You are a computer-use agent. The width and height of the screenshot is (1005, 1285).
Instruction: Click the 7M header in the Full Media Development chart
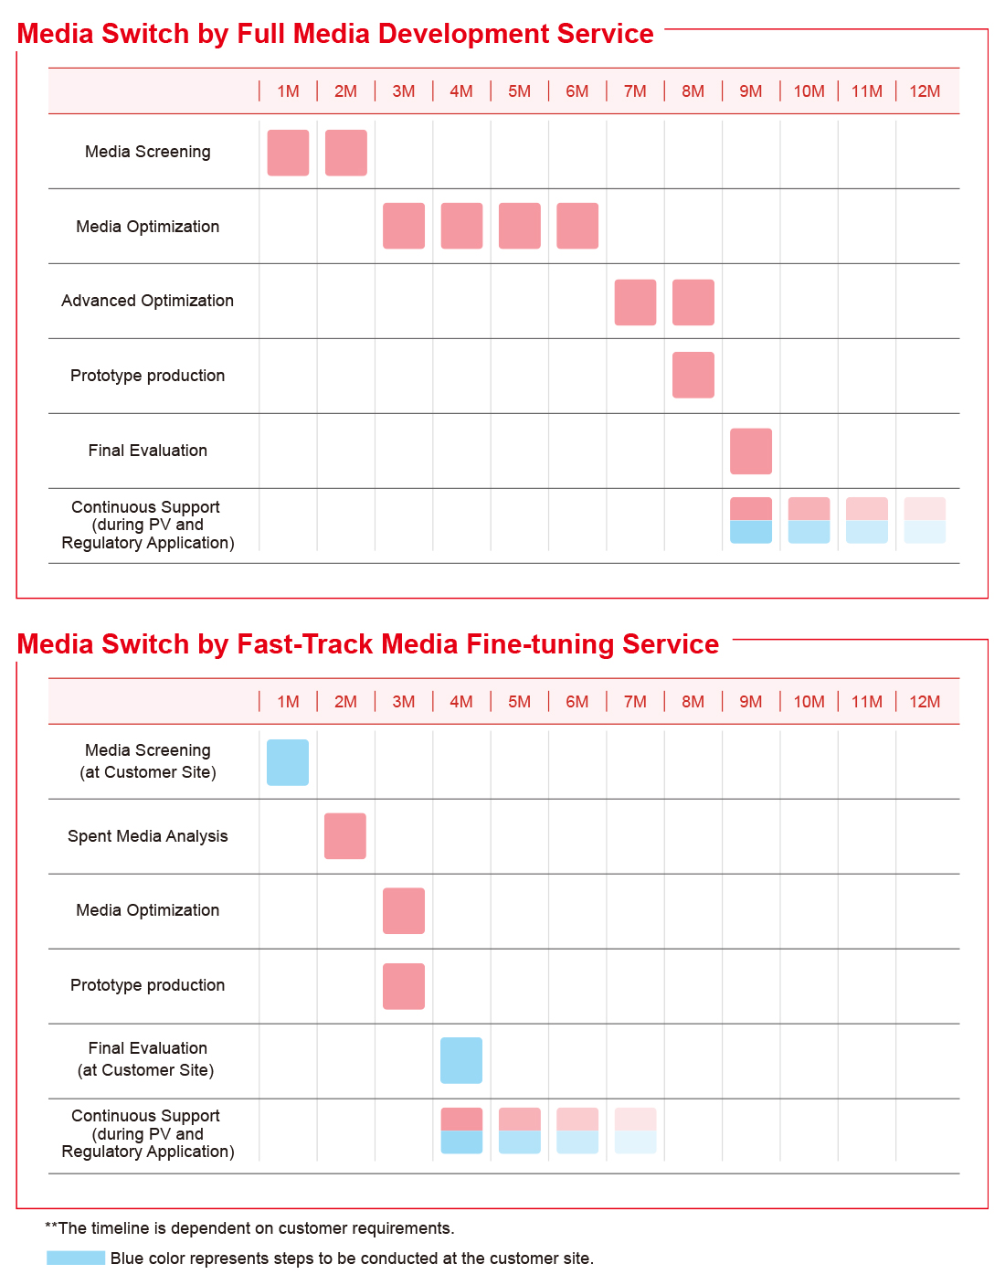635,91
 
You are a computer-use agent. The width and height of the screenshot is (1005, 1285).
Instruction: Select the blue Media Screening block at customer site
287,762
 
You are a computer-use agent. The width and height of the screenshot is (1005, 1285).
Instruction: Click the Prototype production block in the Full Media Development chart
693,375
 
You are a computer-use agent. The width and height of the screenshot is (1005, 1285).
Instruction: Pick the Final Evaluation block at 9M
751,451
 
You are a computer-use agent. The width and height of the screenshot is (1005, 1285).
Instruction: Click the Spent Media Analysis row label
147,836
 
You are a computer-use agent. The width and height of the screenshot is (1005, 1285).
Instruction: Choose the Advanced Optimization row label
147,301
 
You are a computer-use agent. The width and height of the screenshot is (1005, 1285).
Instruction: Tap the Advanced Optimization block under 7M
635,303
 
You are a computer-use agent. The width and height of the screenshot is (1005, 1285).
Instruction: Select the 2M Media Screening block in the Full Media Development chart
346,153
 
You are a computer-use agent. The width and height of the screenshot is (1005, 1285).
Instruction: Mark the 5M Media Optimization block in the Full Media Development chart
520,226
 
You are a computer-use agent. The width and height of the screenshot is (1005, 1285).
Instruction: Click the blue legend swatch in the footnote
76,1258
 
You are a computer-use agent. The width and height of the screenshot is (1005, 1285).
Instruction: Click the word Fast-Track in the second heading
304,644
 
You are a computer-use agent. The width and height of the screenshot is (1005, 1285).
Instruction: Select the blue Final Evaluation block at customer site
461,1060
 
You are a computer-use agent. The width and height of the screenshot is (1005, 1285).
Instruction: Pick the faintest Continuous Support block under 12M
925,520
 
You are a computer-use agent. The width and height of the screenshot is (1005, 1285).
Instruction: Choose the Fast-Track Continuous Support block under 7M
635,1131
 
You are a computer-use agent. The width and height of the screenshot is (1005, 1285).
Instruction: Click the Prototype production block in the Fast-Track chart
404,986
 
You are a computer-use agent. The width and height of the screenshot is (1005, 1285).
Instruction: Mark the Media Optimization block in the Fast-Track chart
404,910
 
